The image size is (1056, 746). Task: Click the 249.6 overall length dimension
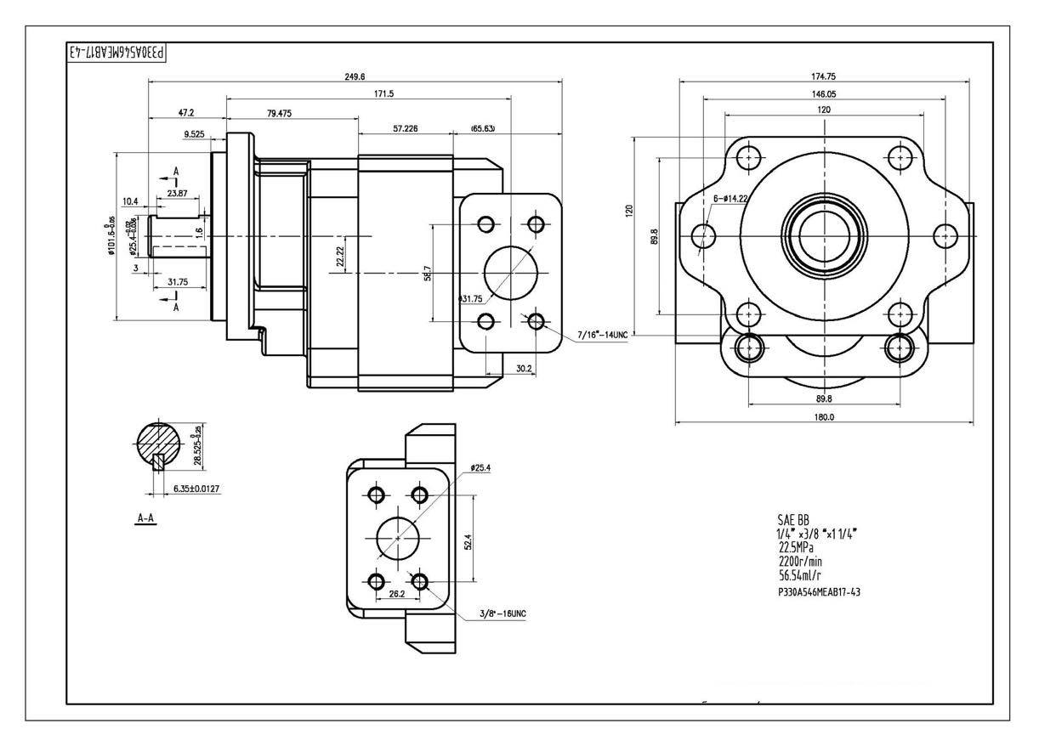(355, 76)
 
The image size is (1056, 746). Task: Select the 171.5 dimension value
(372, 93)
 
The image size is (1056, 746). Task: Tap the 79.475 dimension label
(280, 113)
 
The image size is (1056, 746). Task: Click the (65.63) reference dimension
(483, 128)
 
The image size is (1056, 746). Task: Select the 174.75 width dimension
(824, 76)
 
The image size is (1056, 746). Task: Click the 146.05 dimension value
(824, 93)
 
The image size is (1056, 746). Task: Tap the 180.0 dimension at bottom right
(824, 416)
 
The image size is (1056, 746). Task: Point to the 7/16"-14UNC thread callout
(602, 336)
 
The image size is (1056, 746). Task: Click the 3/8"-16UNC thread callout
(502, 612)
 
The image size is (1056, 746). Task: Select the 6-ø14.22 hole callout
(731, 199)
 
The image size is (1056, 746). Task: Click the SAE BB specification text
(793, 519)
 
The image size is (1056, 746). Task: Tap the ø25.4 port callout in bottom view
(481, 467)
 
